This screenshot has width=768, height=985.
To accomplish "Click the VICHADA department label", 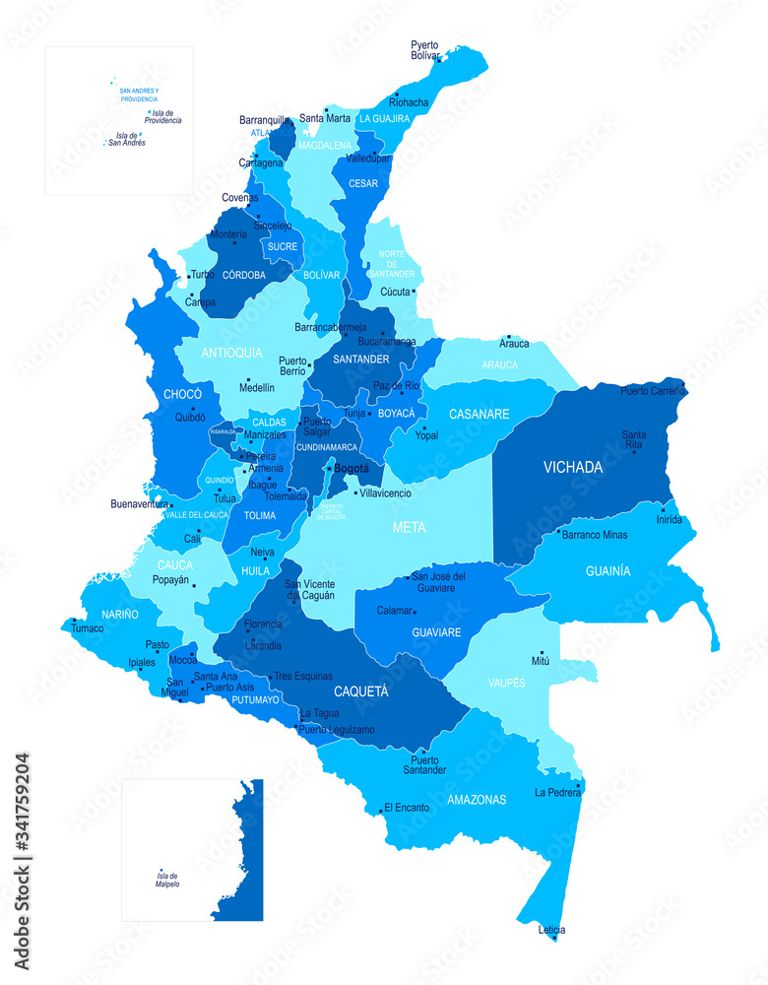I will tap(572, 467).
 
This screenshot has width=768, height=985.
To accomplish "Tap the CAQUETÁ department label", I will tap(360, 690).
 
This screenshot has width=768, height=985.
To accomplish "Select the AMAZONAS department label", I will tap(477, 800).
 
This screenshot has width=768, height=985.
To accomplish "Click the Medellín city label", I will tap(257, 387).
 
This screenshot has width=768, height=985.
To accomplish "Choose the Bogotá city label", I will tap(352, 469).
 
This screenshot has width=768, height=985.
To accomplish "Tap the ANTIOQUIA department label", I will tap(231, 352).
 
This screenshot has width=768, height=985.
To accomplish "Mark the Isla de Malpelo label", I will tap(167, 880).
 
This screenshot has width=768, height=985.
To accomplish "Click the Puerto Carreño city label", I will tap(651, 391).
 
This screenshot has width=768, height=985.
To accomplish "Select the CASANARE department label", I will tap(479, 414).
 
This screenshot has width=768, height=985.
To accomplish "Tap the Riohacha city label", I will tap(409, 101).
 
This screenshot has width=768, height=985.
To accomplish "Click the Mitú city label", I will tap(540, 660).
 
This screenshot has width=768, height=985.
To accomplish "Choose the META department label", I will tap(409, 527).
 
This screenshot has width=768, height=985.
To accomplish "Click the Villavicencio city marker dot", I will tap(355, 492).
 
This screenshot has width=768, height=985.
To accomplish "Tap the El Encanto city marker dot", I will tap(380, 812).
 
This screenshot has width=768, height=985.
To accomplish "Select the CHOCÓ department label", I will tap(182, 394).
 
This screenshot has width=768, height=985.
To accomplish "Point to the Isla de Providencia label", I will tap(166, 117).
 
